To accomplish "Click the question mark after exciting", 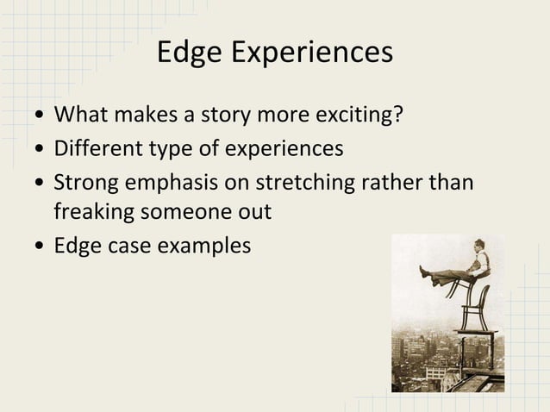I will click(x=398, y=115).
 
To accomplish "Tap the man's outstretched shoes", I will click(x=423, y=272).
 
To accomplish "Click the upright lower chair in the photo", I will click(x=473, y=306).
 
